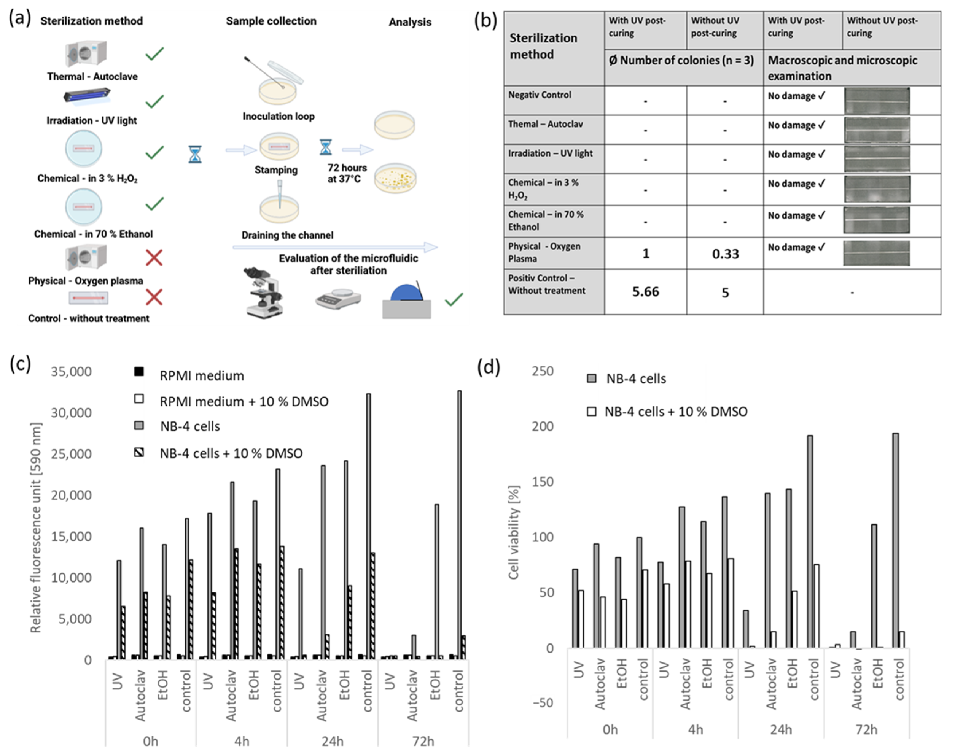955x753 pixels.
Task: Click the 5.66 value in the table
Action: click(x=645, y=292)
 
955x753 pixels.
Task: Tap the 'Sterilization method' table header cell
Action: click(x=543, y=46)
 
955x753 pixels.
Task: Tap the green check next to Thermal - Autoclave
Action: click(x=154, y=54)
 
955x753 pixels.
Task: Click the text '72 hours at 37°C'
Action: click(x=347, y=173)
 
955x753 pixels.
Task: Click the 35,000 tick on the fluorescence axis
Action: click(x=72, y=372)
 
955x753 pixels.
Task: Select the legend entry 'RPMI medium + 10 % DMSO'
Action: click(x=244, y=402)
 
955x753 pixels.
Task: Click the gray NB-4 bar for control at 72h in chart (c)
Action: click(x=459, y=525)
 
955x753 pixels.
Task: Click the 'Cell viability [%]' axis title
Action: click(x=514, y=532)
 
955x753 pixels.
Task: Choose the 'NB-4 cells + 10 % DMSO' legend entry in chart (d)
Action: click(x=676, y=412)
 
